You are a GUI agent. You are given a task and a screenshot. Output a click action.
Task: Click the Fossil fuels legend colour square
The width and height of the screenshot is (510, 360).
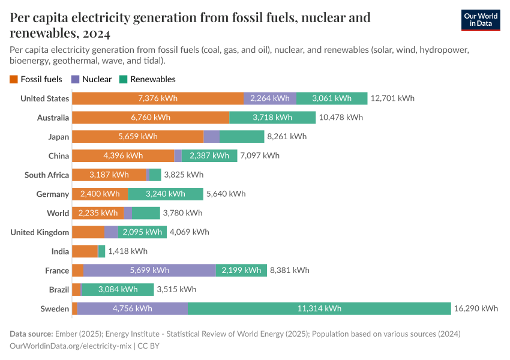point(14,79)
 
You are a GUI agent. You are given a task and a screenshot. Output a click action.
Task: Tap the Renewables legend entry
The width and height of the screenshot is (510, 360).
point(148,79)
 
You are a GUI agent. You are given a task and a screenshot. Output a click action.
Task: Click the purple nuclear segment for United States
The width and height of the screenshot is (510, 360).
point(269,98)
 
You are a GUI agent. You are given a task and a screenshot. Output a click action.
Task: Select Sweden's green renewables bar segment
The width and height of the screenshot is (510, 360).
point(319,308)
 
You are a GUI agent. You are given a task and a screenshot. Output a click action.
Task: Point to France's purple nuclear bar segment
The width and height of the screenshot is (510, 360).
point(149,271)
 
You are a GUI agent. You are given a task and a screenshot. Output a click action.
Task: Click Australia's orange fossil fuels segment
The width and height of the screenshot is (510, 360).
point(150,118)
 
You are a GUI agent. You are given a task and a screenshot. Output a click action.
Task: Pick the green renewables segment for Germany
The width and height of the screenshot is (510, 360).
point(166,194)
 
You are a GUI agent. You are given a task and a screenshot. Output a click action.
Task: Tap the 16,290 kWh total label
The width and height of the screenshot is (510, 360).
point(476,308)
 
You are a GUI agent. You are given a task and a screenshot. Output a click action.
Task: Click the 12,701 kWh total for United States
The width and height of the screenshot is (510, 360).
point(392,98)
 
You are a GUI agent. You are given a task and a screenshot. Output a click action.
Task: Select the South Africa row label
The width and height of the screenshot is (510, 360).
point(47,175)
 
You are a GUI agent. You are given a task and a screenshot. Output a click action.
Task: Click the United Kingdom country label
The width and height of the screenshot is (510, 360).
point(40,232)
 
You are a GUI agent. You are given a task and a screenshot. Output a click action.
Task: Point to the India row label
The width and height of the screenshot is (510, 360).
point(60,251)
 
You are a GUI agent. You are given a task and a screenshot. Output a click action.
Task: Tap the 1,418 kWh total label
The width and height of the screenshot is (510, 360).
point(127,251)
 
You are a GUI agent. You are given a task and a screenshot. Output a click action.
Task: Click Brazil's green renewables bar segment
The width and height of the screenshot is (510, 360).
point(118,290)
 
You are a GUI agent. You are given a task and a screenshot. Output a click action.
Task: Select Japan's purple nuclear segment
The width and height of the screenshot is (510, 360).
point(211,137)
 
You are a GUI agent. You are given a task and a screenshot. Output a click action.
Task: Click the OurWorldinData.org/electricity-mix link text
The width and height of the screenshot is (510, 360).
point(71,346)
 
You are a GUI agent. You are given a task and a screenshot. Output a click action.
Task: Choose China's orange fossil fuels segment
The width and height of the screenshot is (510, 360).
point(122,156)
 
